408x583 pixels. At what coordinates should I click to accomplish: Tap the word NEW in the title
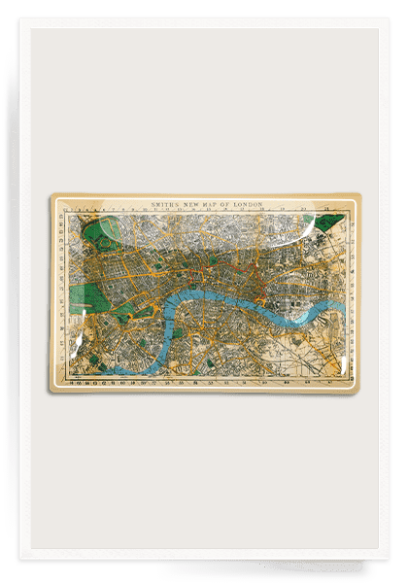pos(185,203)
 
